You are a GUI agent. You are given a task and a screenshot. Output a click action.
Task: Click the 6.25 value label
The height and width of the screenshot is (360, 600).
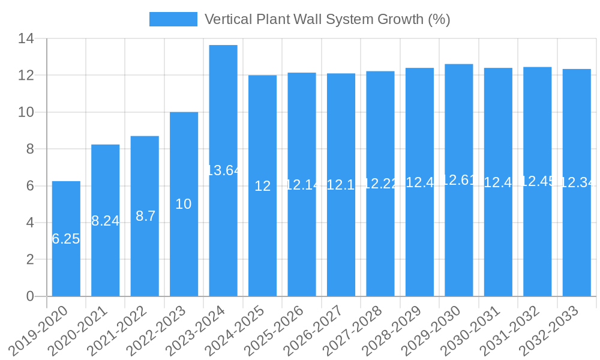66,239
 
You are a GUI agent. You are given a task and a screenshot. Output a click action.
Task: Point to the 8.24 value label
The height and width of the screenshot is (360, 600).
106,221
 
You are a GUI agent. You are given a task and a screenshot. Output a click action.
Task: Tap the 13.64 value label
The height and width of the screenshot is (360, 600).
223,170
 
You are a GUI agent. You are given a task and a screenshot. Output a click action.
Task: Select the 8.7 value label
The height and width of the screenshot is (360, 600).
145,216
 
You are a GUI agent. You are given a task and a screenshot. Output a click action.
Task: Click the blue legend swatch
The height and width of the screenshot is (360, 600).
173,19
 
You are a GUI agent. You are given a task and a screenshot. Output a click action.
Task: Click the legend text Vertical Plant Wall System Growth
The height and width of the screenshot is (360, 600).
327,19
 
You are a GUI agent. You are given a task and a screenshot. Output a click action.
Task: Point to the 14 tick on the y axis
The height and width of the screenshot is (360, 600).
26,39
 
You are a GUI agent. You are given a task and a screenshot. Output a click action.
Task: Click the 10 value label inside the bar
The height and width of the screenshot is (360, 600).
184,204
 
